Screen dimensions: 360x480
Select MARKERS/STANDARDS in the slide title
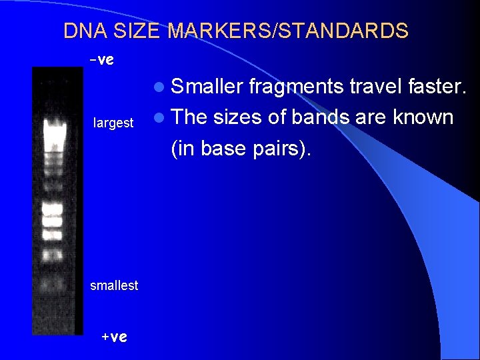pos(288,31)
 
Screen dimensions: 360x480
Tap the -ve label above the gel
pos(101,60)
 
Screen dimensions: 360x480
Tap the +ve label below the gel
pos(113,337)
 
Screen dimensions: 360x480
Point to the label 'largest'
pos(113,123)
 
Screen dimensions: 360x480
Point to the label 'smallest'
pos(114,285)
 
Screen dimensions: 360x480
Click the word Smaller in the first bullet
pos(207,85)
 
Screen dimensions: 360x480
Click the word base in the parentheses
pos(223,149)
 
